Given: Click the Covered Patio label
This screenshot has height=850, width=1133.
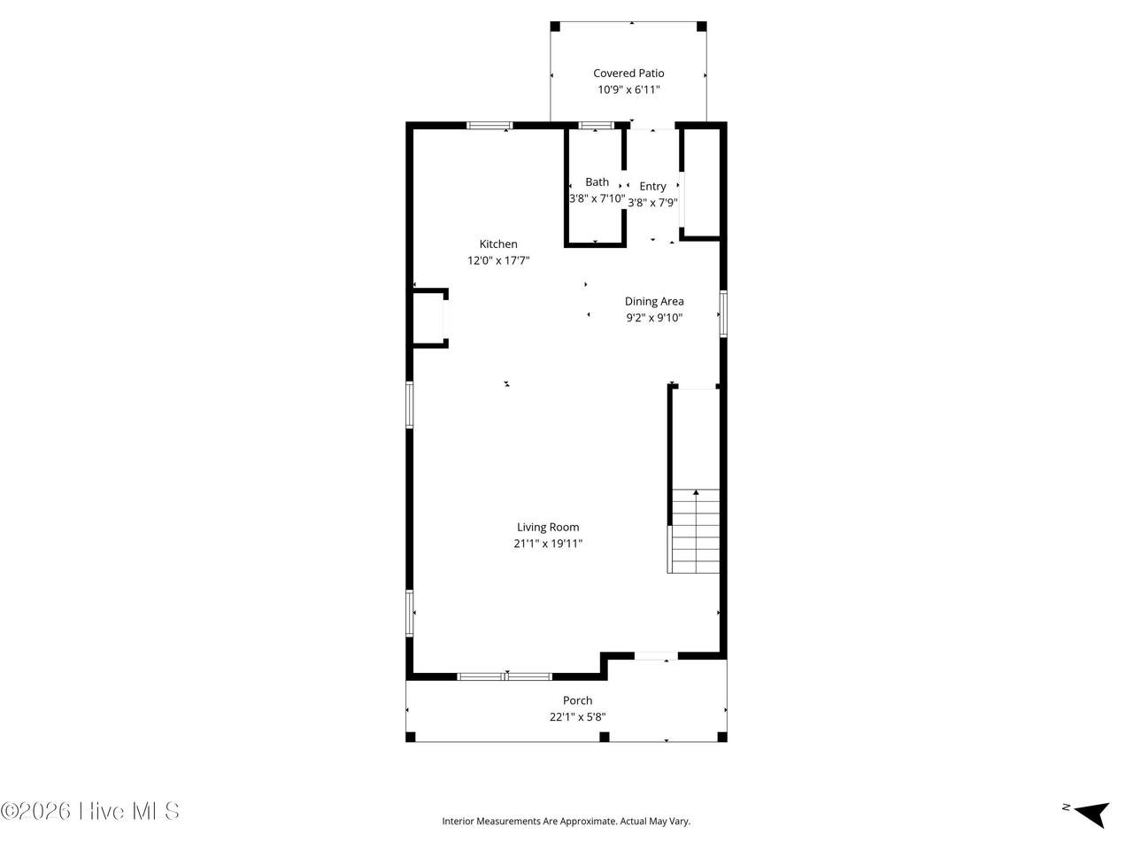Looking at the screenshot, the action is [x=628, y=73].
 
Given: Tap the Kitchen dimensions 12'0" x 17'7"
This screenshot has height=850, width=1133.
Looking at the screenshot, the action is [x=498, y=260].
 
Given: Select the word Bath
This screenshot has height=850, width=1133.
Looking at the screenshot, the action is [x=597, y=182].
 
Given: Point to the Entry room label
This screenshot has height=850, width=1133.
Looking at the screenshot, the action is [x=652, y=186].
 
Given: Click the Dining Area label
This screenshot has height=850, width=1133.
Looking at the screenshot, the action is [x=654, y=301].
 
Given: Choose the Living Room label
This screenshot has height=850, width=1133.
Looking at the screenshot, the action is [x=548, y=527].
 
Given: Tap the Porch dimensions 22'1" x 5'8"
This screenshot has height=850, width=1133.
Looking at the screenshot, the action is [x=577, y=716].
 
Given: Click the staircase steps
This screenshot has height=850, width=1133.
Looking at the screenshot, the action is [x=695, y=530].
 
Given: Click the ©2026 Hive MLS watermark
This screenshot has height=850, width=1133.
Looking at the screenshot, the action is [x=89, y=811].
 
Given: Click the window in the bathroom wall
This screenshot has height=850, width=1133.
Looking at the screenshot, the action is [x=597, y=125].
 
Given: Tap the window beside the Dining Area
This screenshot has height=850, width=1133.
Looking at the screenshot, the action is [x=723, y=313].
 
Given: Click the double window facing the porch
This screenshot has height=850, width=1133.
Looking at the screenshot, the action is [x=505, y=676].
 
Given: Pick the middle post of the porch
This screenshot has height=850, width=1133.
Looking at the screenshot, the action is [x=604, y=737].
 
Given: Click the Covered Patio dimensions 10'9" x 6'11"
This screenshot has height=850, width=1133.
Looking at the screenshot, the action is [x=628, y=89].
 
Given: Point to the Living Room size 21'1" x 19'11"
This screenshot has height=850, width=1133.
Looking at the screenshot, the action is [x=548, y=543].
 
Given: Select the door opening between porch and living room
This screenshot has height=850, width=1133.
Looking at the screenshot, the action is [x=656, y=655].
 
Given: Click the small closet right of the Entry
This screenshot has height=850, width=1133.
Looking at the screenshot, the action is [x=702, y=182].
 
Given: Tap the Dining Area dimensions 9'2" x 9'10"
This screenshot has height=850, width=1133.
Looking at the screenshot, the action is [x=654, y=317].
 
